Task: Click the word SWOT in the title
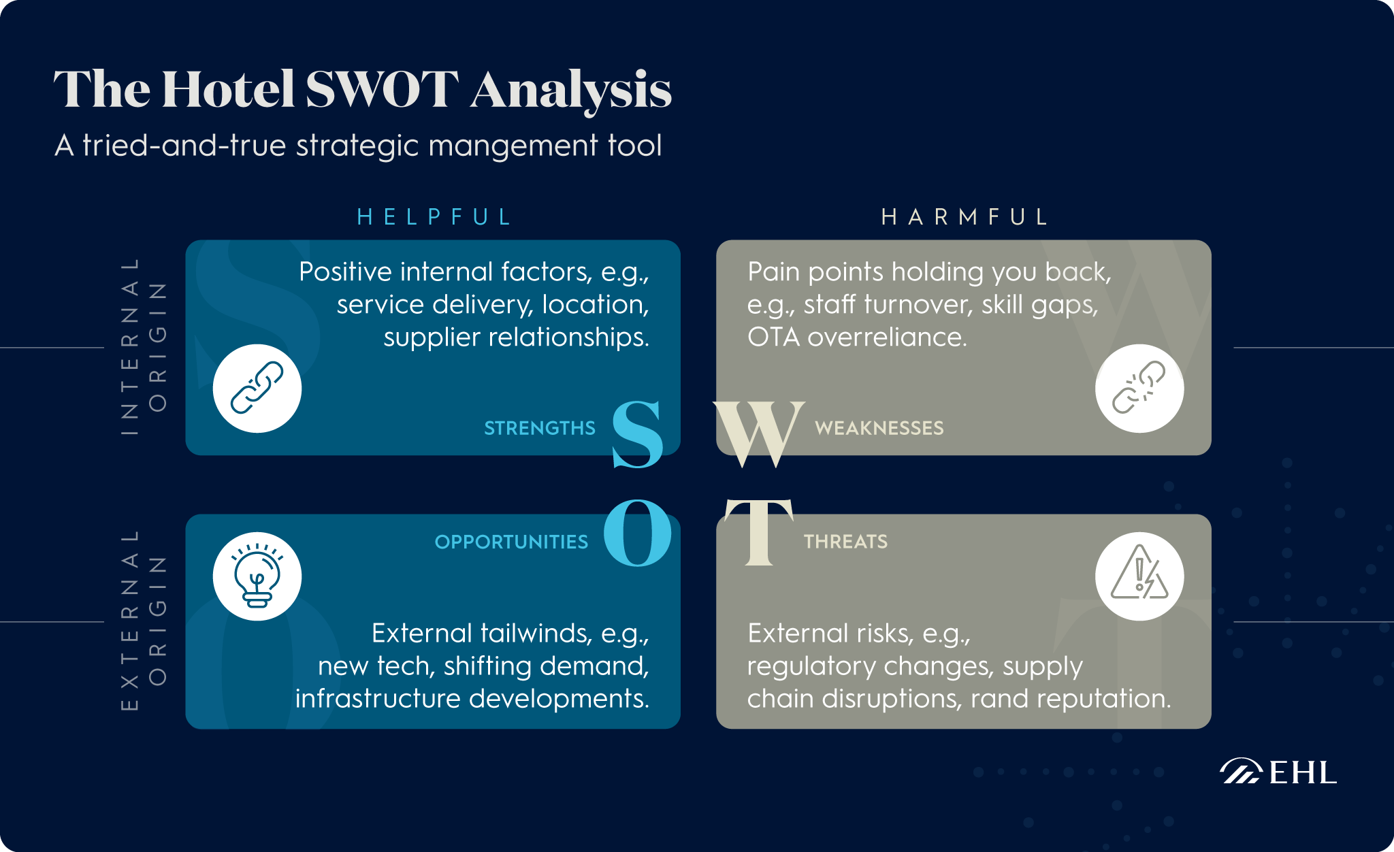[x=382, y=90]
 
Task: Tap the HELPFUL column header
[x=434, y=217]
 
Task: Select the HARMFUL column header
[x=965, y=217]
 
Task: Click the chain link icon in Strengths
[x=257, y=389]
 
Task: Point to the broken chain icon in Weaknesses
[x=1139, y=389]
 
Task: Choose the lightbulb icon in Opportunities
[x=257, y=576]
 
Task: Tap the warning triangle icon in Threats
[x=1139, y=576]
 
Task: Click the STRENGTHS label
[x=540, y=428]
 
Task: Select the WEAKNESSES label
[x=879, y=428]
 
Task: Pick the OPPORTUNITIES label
[x=511, y=542]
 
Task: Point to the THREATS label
[x=845, y=542]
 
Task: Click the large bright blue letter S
[x=637, y=434]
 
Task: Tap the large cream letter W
[x=758, y=434]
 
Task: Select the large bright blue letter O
[x=637, y=533]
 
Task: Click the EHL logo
[x=1278, y=772]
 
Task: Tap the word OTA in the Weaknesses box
[x=773, y=337]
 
